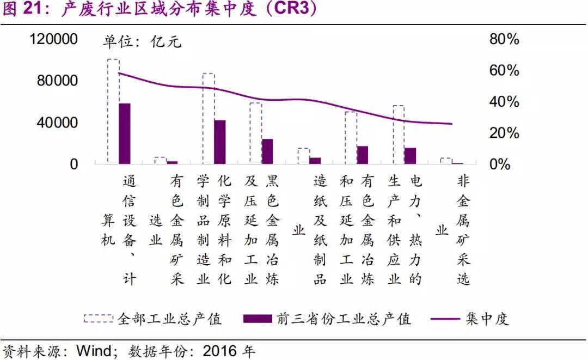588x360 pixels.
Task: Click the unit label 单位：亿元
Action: [142, 42]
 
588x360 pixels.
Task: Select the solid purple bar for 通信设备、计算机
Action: [125, 133]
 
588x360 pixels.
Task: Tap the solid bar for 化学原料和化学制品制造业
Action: [219, 142]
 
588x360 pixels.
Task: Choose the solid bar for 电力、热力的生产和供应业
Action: [410, 155]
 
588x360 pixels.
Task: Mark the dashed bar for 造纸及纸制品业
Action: [303, 156]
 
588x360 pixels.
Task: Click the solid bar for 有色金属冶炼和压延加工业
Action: [362, 155]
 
